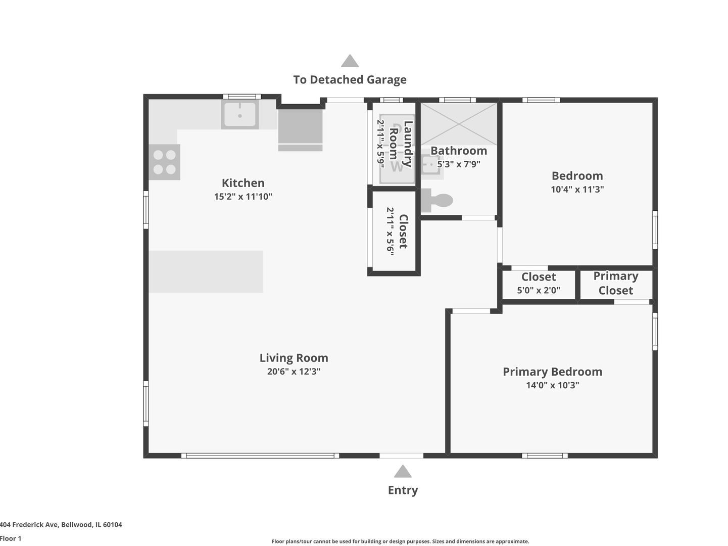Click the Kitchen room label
click(x=243, y=183)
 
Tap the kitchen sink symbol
click(x=240, y=114)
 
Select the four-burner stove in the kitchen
click(x=165, y=162)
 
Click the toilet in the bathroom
click(x=436, y=201)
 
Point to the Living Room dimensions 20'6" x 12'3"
click(x=294, y=372)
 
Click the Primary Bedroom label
click(x=552, y=372)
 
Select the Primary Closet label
click(x=615, y=283)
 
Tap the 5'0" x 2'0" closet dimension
click(x=539, y=291)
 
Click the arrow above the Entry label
click(x=403, y=472)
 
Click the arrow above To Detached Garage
click(x=350, y=61)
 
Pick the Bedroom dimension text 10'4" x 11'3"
click(x=577, y=190)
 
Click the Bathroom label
click(x=459, y=151)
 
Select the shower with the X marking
click(x=459, y=124)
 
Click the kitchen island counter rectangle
click(x=206, y=271)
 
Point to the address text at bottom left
click(x=61, y=525)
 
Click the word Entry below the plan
click(x=403, y=490)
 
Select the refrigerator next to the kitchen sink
click(x=300, y=130)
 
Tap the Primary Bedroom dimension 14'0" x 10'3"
click(x=552, y=385)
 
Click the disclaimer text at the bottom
click(x=400, y=541)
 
